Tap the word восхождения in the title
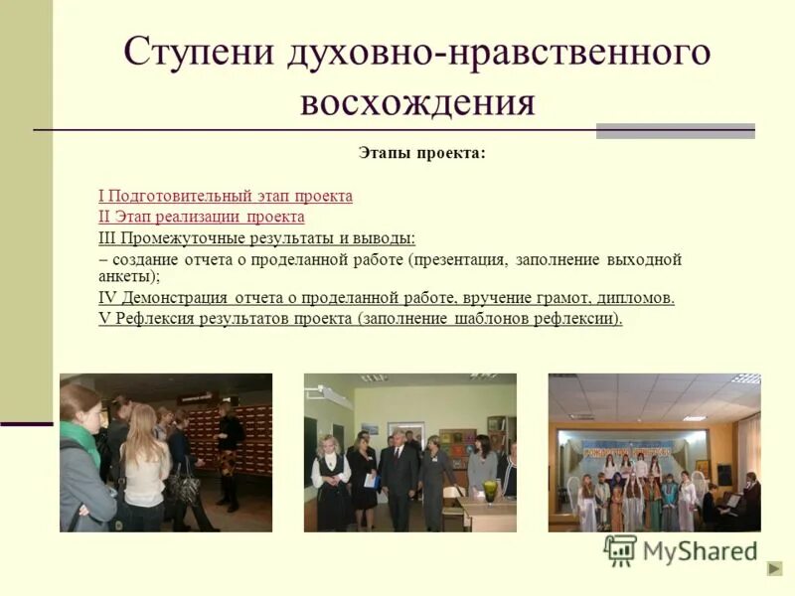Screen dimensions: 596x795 coord(417,101)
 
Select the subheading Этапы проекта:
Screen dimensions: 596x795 coord(422,154)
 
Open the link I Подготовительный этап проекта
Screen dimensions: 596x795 coord(226,196)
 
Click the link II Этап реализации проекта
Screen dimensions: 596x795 coord(202,217)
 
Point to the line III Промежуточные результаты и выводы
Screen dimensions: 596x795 coord(257,238)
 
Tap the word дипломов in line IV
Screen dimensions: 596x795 coord(637,297)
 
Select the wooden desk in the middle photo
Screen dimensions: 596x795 coord(487,512)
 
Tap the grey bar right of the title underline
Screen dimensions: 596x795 coord(675,131)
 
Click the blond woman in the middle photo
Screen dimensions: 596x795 coord(328,477)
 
